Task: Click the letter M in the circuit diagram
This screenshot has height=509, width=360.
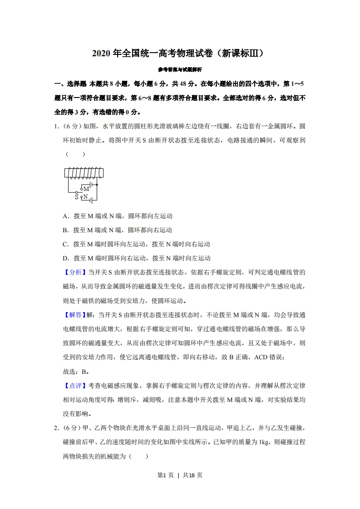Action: pyautogui.click(x=86, y=189)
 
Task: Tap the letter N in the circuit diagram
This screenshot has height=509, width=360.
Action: pyautogui.click(x=85, y=197)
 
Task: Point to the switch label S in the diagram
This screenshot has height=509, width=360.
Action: pyautogui.click(x=77, y=197)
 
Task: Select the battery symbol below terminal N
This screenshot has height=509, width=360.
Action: pyautogui.click(x=92, y=201)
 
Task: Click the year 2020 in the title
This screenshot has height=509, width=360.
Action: pyautogui.click(x=101, y=54)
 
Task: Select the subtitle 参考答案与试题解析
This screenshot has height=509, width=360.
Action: pyautogui.click(x=180, y=69)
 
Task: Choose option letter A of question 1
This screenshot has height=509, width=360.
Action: pyautogui.click(x=65, y=216)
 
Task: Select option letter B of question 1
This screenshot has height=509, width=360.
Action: pyautogui.click(x=65, y=230)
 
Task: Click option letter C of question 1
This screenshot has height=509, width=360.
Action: pyautogui.click(x=65, y=244)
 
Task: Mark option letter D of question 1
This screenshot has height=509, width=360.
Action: pyautogui.click(x=65, y=258)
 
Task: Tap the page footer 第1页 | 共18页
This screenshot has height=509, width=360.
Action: pyautogui.click(x=180, y=475)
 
